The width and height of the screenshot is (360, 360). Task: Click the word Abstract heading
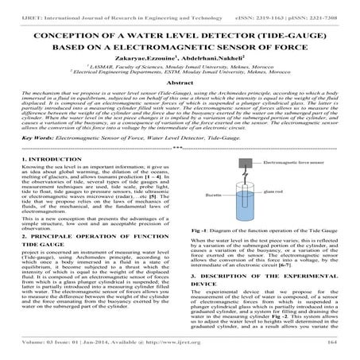[x=180, y=83]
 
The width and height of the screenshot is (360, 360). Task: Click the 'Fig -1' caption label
[x=202, y=228]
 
